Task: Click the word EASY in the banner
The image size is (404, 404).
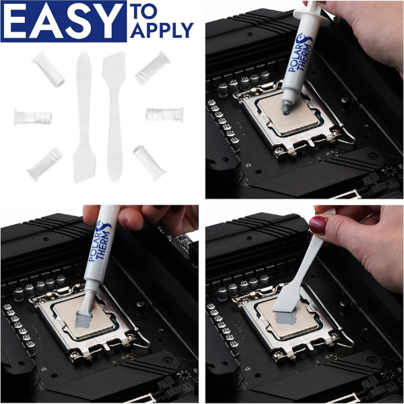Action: point(64,21)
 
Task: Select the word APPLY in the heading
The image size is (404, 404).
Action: point(163,30)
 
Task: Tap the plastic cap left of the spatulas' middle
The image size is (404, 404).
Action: point(33,116)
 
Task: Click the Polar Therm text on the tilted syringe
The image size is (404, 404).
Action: point(100,246)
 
